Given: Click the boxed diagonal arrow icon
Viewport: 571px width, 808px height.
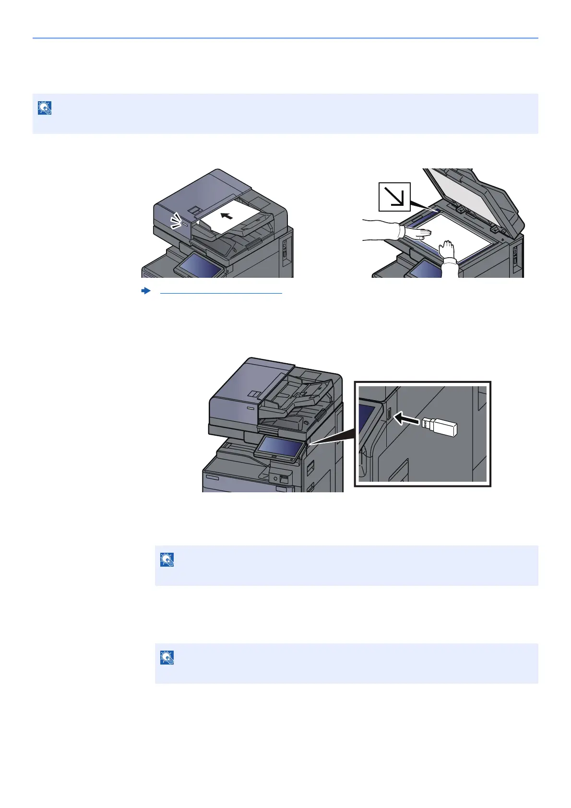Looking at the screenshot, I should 394,197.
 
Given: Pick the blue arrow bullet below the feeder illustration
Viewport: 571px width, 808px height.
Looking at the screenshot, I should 146,291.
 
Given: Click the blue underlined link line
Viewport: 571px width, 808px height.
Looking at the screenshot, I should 221,293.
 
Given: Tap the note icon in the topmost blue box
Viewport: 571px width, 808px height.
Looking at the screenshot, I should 45,108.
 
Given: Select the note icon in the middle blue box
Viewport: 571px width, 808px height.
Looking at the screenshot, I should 167,560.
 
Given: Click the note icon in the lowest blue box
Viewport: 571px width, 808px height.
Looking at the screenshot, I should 167,658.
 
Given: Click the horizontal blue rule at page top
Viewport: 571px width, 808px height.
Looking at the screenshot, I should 285,38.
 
